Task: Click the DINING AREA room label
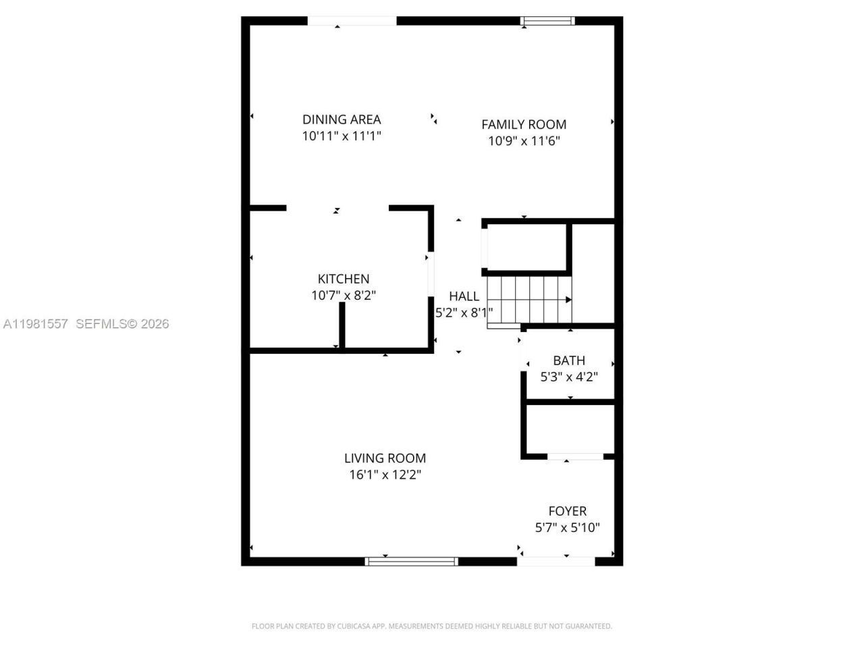(x=342, y=119)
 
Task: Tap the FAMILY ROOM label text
(x=524, y=124)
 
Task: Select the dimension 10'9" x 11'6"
(x=524, y=141)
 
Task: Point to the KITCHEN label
(x=344, y=279)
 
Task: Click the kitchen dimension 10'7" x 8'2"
(x=344, y=296)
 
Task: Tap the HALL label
(x=464, y=296)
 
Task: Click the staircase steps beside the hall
(x=530, y=300)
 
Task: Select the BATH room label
(x=569, y=360)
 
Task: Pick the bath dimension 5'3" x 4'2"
(x=569, y=377)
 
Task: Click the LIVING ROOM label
(x=385, y=458)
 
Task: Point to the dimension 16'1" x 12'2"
(x=385, y=475)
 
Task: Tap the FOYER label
(x=567, y=511)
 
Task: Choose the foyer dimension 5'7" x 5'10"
(x=567, y=528)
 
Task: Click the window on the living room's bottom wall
(x=411, y=561)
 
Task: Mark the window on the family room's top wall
(x=547, y=21)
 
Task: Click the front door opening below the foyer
(x=556, y=561)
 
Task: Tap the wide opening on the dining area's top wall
(x=352, y=21)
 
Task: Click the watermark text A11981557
(x=36, y=324)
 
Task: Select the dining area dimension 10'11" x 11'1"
(x=342, y=136)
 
